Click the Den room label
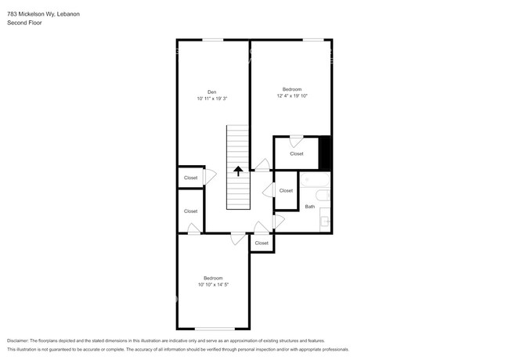tap(211, 92)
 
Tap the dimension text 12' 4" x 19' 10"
tap(292, 96)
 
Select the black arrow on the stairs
tap(238, 171)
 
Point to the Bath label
tap(310, 207)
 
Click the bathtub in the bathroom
tap(315, 180)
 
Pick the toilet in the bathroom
tap(323, 195)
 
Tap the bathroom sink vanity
tap(325, 220)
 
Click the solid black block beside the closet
tap(325, 153)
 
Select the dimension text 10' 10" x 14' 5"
tap(213, 285)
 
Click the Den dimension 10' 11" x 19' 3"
tap(211, 99)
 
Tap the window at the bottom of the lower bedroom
tap(215, 329)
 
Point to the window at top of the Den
tap(213, 40)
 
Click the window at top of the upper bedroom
tap(313, 40)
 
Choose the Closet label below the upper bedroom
tap(297, 153)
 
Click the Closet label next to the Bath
tap(286, 191)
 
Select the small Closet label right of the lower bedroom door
tap(262, 243)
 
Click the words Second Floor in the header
tap(24, 23)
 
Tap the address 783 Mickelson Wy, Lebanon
tap(44, 14)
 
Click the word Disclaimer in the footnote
tap(18, 340)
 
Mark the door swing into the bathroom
tap(280, 221)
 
